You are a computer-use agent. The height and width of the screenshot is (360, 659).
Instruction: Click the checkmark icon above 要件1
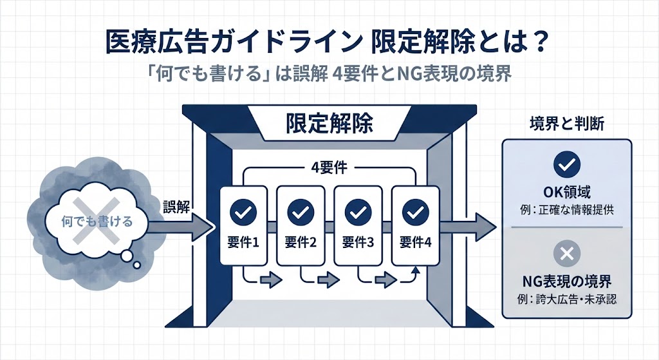pyautogui.click(x=243, y=211)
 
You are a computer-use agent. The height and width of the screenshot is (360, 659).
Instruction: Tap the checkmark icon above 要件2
pyautogui.click(x=299, y=211)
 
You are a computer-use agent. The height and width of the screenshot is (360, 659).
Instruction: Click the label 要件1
pyautogui.click(x=243, y=243)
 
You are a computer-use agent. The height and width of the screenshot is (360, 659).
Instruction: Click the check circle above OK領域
pyautogui.click(x=566, y=166)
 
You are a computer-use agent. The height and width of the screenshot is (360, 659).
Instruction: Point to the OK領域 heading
pyautogui.click(x=566, y=192)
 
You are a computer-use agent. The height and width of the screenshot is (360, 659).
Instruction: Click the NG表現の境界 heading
pyautogui.click(x=566, y=281)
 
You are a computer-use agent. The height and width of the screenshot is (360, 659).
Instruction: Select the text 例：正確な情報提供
pyautogui.click(x=566, y=209)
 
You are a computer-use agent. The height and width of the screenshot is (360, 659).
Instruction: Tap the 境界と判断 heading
pyautogui.click(x=566, y=123)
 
